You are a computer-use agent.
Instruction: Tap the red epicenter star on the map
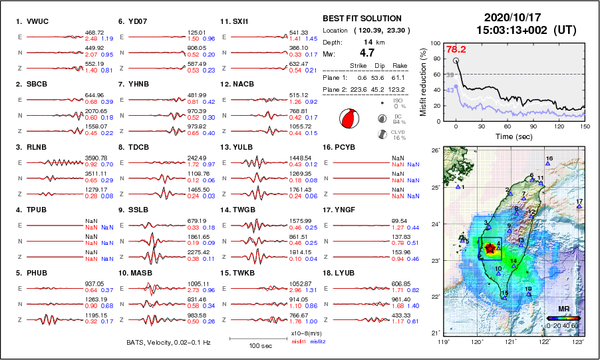490,248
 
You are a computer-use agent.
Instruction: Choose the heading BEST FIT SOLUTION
361,18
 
